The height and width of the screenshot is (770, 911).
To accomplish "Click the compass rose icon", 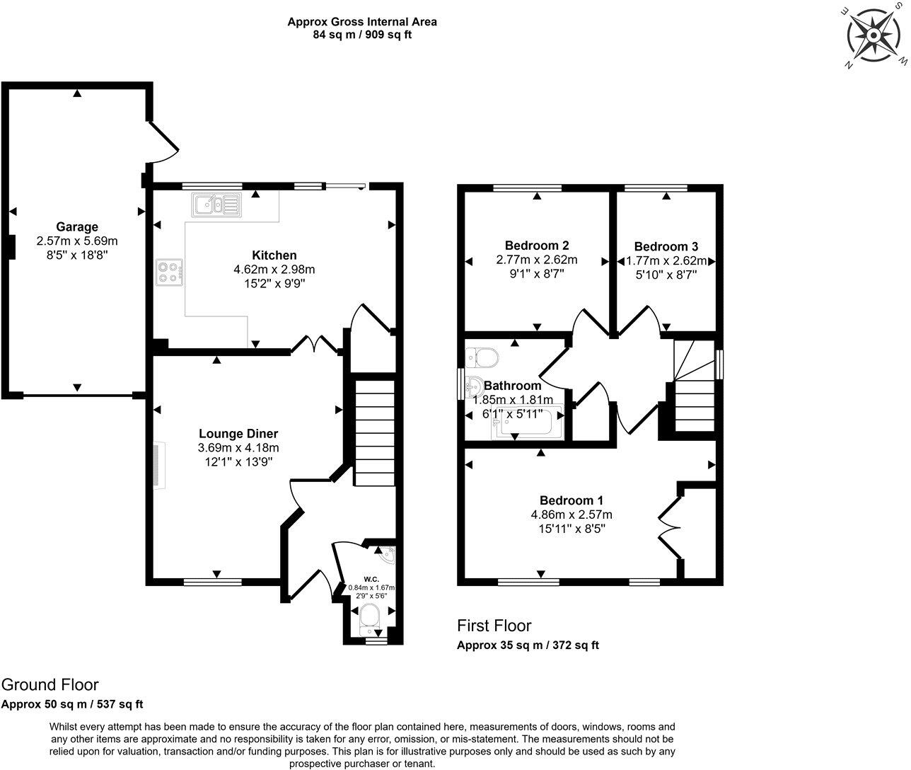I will click(875, 35).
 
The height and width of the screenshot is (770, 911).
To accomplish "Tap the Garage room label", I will click(77, 227).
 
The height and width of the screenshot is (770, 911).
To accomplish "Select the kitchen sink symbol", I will click(216, 205).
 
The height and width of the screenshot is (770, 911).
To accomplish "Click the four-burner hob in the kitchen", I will click(170, 272).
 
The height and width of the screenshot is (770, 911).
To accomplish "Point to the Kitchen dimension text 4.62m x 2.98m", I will click(274, 269).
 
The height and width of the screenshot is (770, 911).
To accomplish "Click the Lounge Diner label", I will click(238, 434).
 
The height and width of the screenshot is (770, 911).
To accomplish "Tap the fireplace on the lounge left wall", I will click(158, 465).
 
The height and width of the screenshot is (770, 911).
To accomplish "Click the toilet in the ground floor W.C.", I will click(370, 620).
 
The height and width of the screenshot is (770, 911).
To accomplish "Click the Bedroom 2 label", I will click(537, 246).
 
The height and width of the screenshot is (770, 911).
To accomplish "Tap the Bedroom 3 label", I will click(666, 246).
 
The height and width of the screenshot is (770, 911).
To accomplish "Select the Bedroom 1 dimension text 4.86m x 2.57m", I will click(571, 515).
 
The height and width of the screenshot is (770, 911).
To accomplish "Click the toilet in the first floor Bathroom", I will click(482, 357).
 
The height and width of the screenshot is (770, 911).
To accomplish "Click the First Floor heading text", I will click(494, 626).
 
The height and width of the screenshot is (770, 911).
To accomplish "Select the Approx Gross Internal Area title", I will click(361, 22).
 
